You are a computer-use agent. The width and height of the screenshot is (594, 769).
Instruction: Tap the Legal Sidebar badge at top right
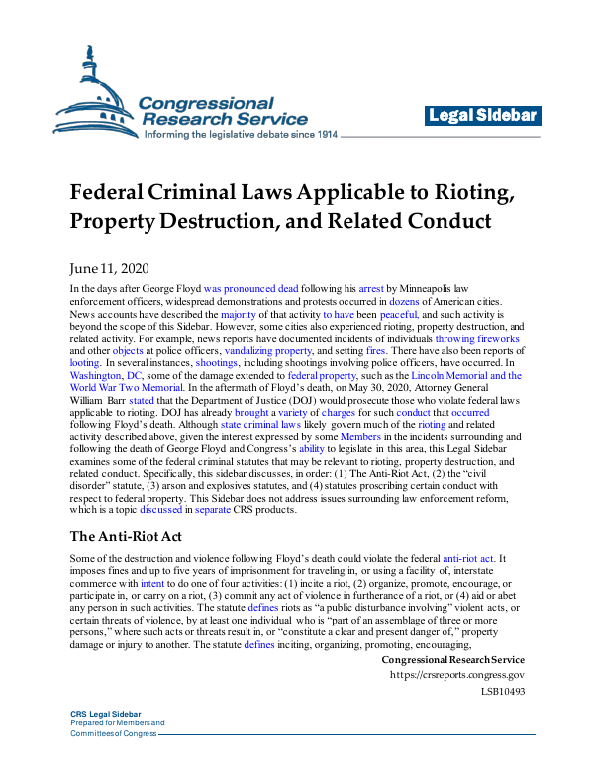coord(484,116)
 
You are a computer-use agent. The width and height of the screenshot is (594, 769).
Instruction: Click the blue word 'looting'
coord(86,364)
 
